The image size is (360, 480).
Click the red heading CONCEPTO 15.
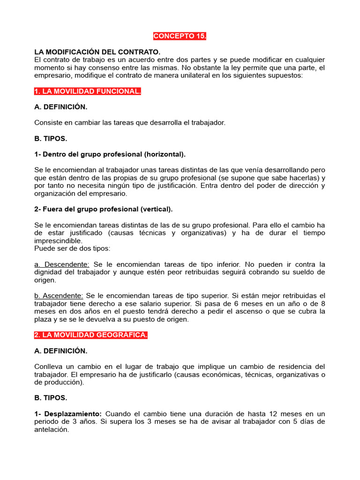(x=180, y=36)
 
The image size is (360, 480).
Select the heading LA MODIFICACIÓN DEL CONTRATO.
(x=97, y=52)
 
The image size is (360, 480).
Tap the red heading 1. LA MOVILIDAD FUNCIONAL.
(x=88, y=91)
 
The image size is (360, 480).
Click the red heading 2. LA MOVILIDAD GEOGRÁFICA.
(x=91, y=335)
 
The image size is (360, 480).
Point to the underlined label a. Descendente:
(x=62, y=264)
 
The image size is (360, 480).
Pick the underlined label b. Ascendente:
(x=59, y=296)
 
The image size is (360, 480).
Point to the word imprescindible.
(x=58, y=240)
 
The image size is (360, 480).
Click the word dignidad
(x=48, y=272)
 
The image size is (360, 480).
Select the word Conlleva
(x=49, y=366)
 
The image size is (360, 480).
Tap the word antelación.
(x=52, y=429)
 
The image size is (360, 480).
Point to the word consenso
(x=96, y=67)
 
